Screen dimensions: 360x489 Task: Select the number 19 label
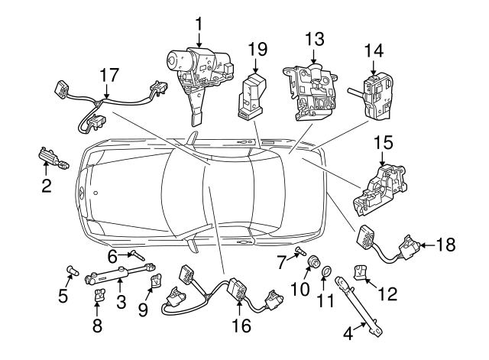tap(257, 50)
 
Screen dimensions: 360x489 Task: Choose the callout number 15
tap(382, 142)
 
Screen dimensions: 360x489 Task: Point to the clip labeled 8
tap(99, 294)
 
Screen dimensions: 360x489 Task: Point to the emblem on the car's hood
tap(79, 193)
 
